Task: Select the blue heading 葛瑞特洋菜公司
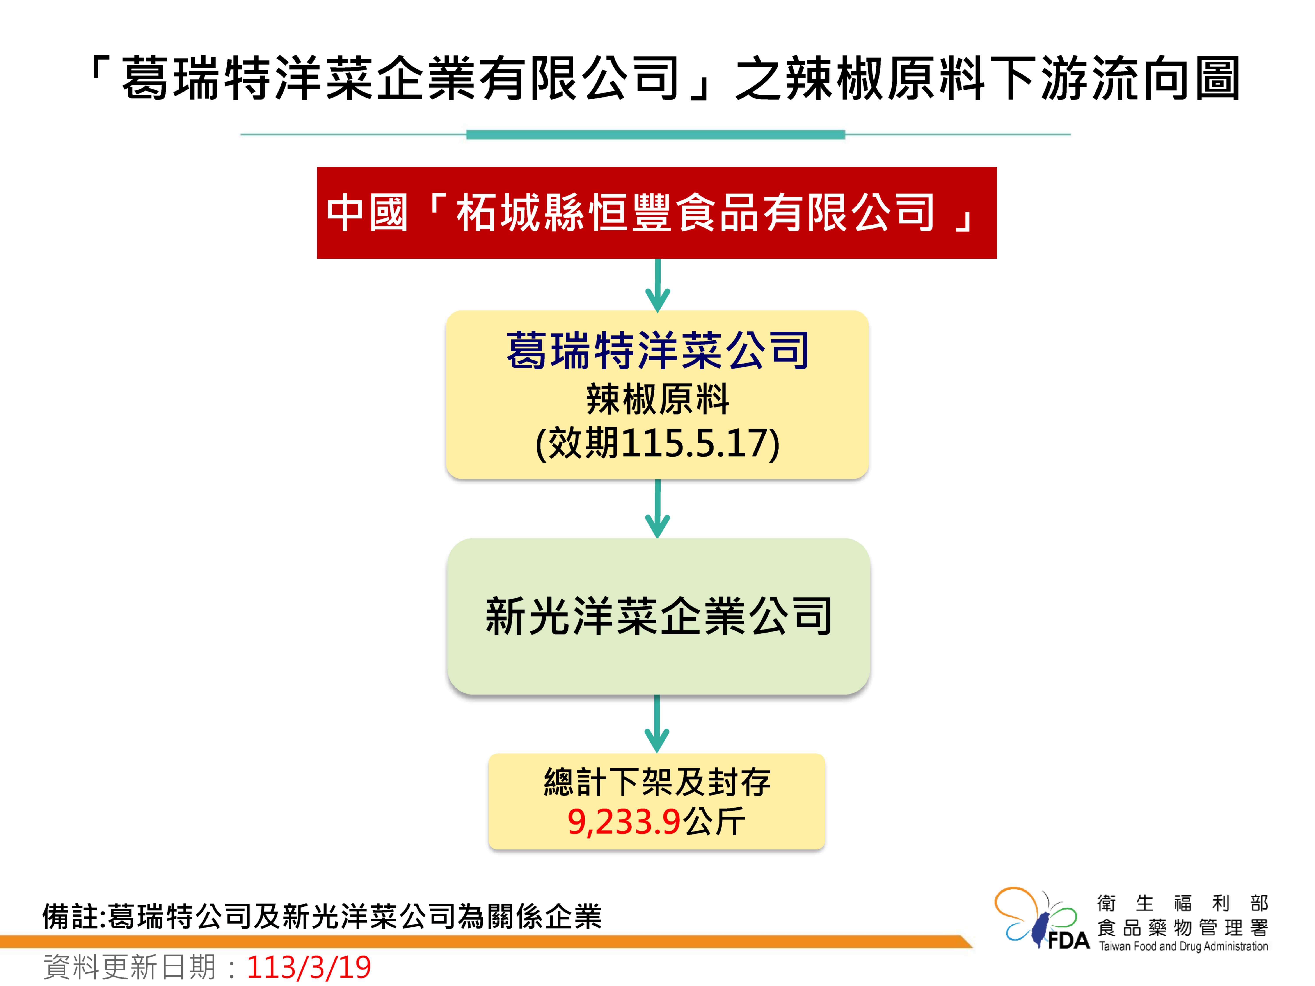tap(657, 351)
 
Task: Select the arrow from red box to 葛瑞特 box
tap(657, 285)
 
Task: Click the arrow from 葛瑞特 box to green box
tap(657, 509)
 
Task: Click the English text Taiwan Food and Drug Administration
tap(1183, 946)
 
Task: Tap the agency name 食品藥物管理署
tap(1183, 927)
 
